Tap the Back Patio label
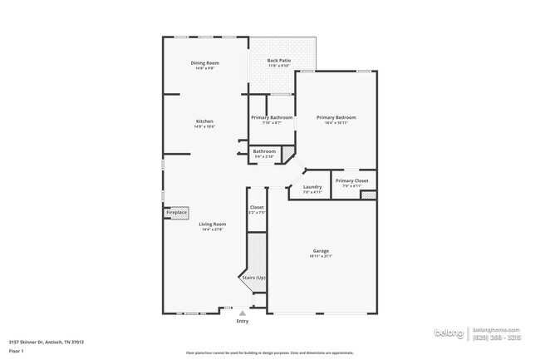[278, 61]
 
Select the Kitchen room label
[204, 121]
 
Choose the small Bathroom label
[264, 151]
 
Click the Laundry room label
[312, 187]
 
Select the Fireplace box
[176, 213]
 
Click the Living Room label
[213, 224]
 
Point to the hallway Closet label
[257, 207]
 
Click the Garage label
[321, 250]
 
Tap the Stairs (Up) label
[253, 277]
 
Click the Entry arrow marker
[243, 313]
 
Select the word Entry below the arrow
[243, 321]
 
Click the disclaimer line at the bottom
[269, 353]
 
